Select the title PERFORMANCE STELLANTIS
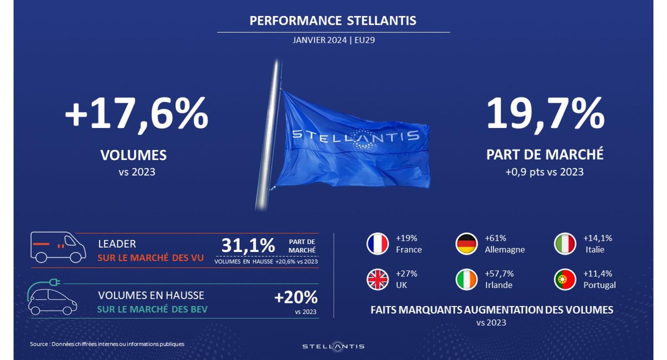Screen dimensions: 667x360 333,20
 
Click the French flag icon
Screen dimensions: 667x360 378,244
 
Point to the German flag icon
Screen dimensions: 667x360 466,244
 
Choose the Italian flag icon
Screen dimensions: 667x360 565,244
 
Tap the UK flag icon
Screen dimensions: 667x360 378,279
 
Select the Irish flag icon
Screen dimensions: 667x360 466,279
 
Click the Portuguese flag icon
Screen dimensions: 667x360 565,279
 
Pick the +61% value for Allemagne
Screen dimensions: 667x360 496,238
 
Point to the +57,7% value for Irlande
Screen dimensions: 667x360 499,274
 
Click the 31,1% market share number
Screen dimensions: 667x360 248,246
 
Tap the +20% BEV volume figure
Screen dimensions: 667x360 296,297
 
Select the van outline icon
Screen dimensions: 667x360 58,247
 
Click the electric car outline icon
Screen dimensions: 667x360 52,297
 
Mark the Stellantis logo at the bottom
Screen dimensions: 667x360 333,346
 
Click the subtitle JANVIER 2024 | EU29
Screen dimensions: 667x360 333,40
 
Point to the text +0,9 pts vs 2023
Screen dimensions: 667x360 544,172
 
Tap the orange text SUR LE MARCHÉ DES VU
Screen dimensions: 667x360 150,258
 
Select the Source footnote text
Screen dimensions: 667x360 107,344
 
